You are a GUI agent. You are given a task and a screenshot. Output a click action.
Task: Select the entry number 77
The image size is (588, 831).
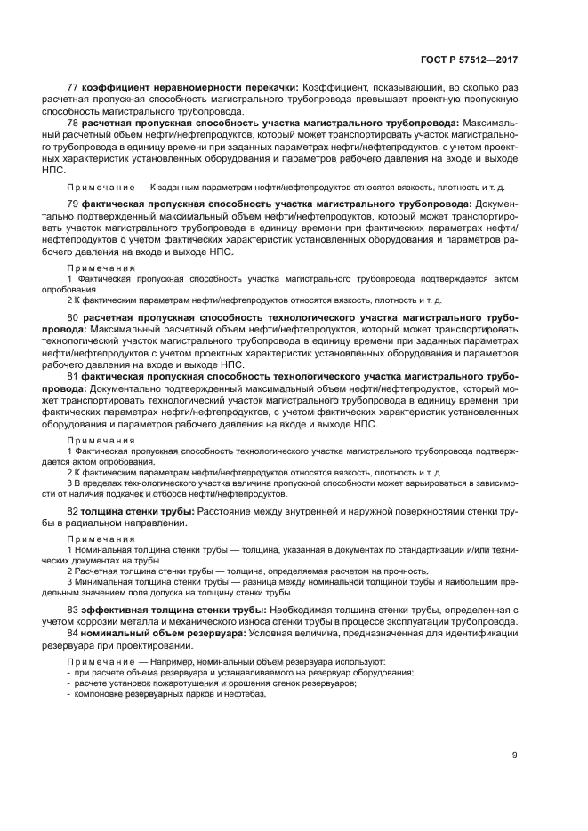(73, 87)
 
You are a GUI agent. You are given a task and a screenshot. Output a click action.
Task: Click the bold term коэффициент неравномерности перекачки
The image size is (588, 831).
(189, 87)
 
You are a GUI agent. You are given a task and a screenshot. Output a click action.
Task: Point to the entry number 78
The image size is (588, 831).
(73, 122)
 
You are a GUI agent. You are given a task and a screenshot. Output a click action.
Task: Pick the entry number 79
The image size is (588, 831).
(73, 204)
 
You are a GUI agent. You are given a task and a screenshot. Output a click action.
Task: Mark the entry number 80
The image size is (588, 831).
(73, 316)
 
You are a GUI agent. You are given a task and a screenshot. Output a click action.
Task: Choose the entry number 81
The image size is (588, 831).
(73, 377)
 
